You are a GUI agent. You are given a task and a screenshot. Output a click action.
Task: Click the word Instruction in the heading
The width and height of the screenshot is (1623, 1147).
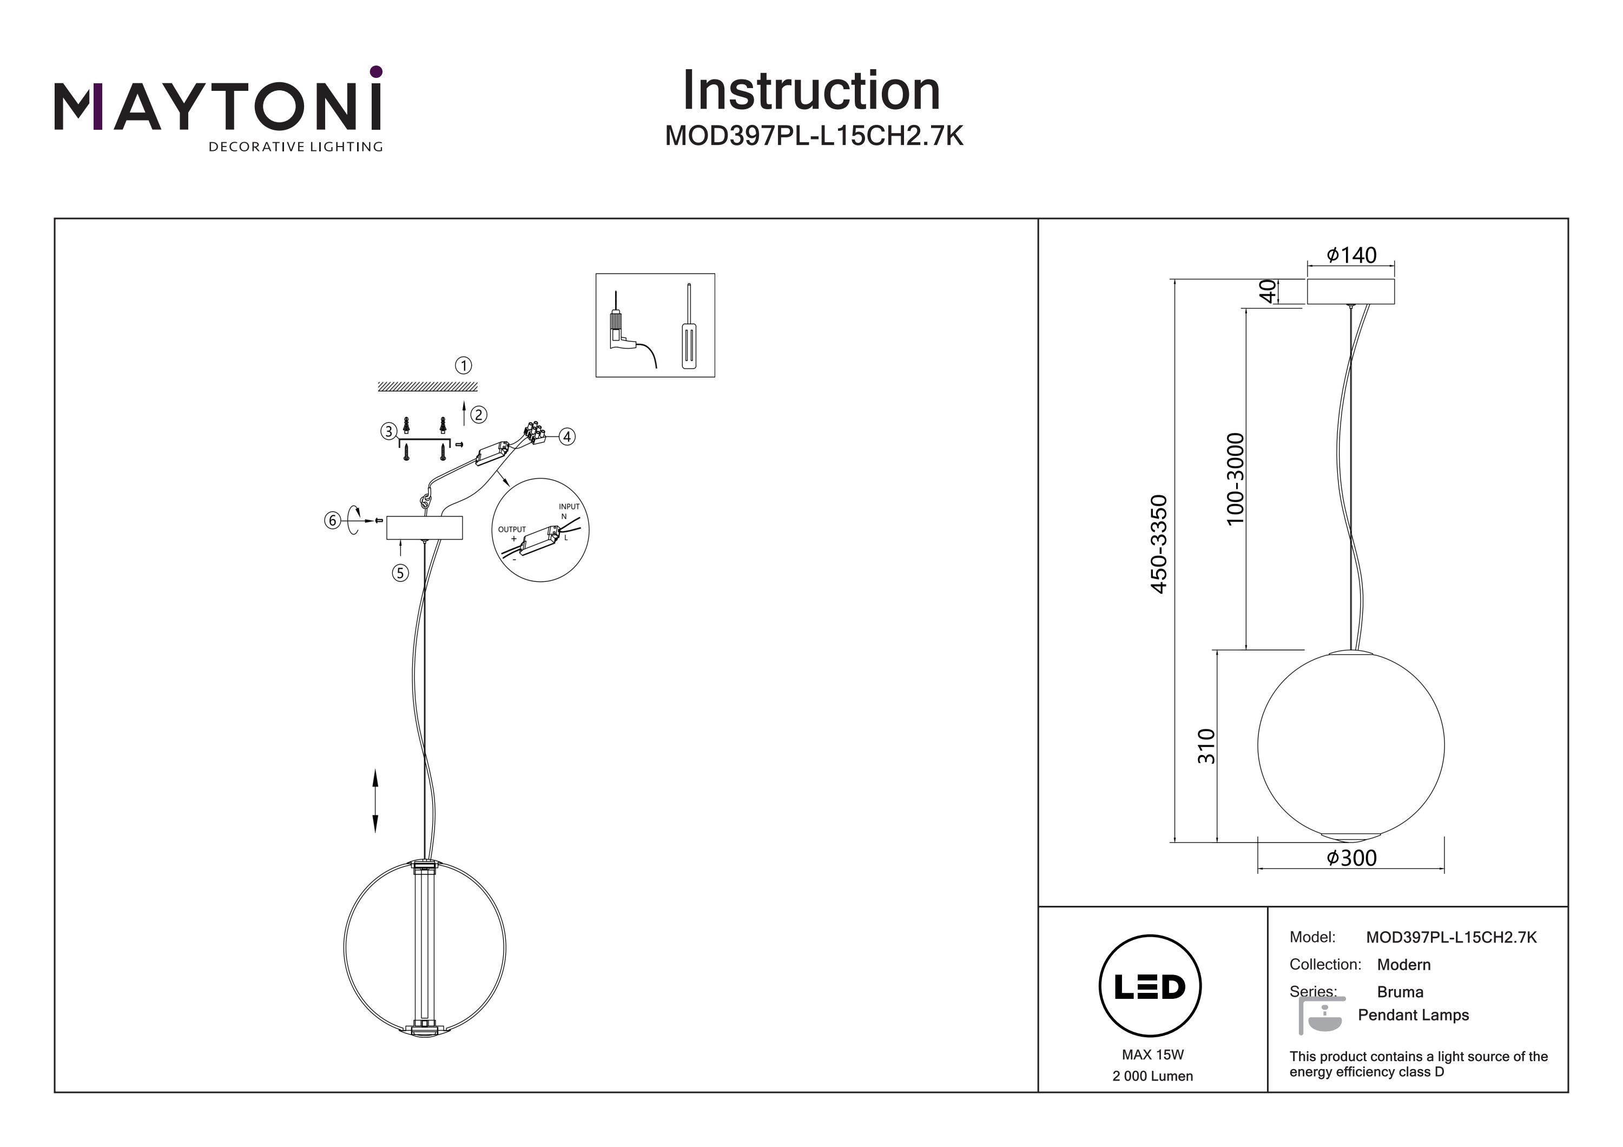click(x=811, y=91)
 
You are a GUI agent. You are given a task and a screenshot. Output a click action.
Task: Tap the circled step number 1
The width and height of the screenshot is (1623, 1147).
click(x=463, y=366)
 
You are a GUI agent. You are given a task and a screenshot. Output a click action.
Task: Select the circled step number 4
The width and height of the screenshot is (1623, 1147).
click(x=566, y=437)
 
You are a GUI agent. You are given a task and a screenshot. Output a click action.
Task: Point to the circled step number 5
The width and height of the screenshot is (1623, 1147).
click(x=400, y=573)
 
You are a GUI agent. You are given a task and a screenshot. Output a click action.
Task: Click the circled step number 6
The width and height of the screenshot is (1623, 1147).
click(x=332, y=521)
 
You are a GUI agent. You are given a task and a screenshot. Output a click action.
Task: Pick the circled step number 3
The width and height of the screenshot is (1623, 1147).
click(x=388, y=431)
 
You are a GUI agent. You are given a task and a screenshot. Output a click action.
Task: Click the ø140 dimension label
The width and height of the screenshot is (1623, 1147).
click(x=1351, y=255)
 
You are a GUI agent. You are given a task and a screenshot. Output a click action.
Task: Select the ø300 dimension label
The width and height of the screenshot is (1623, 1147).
click(x=1351, y=858)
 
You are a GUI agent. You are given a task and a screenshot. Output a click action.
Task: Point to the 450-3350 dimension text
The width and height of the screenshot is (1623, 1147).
click(x=1159, y=544)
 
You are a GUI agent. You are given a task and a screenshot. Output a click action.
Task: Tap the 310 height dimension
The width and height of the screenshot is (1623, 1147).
click(x=1206, y=746)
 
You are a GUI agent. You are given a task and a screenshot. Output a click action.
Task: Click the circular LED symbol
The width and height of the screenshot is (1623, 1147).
click(x=1150, y=986)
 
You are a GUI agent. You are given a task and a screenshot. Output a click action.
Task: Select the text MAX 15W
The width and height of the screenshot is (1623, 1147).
click(x=1152, y=1055)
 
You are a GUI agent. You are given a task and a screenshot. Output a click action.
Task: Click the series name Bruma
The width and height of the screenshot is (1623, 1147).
click(x=1400, y=992)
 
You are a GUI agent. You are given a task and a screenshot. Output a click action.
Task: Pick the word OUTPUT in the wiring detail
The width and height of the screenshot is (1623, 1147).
click(x=512, y=529)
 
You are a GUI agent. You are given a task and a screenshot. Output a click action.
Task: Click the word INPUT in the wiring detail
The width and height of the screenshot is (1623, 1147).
click(x=569, y=507)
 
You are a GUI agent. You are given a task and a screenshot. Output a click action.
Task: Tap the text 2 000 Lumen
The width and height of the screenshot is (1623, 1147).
click(x=1152, y=1076)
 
